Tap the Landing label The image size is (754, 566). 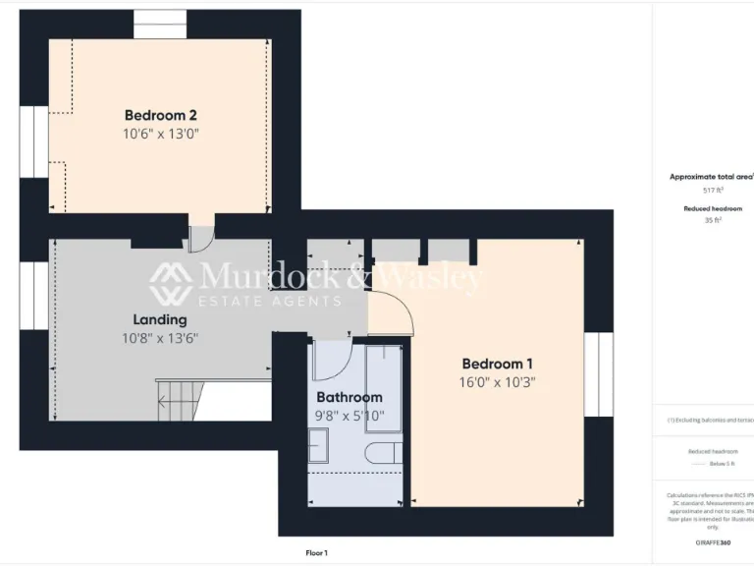coord(160,319)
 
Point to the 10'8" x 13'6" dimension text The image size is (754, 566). coord(160,339)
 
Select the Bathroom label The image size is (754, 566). coord(349,397)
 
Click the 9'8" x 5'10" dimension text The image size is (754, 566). coord(349,416)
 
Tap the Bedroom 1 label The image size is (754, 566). coord(498,362)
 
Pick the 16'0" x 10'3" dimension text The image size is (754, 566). coord(498,382)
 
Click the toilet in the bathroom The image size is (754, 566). coord(384,453)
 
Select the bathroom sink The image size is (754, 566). coord(318,446)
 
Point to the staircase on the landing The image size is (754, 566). coord(182,397)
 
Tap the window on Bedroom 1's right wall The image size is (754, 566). coord(599,373)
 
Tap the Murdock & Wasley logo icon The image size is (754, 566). coord(171,284)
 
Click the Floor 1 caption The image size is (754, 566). coord(316,553)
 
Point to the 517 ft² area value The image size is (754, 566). coord(713,190)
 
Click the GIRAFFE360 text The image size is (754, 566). coord(713,542)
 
